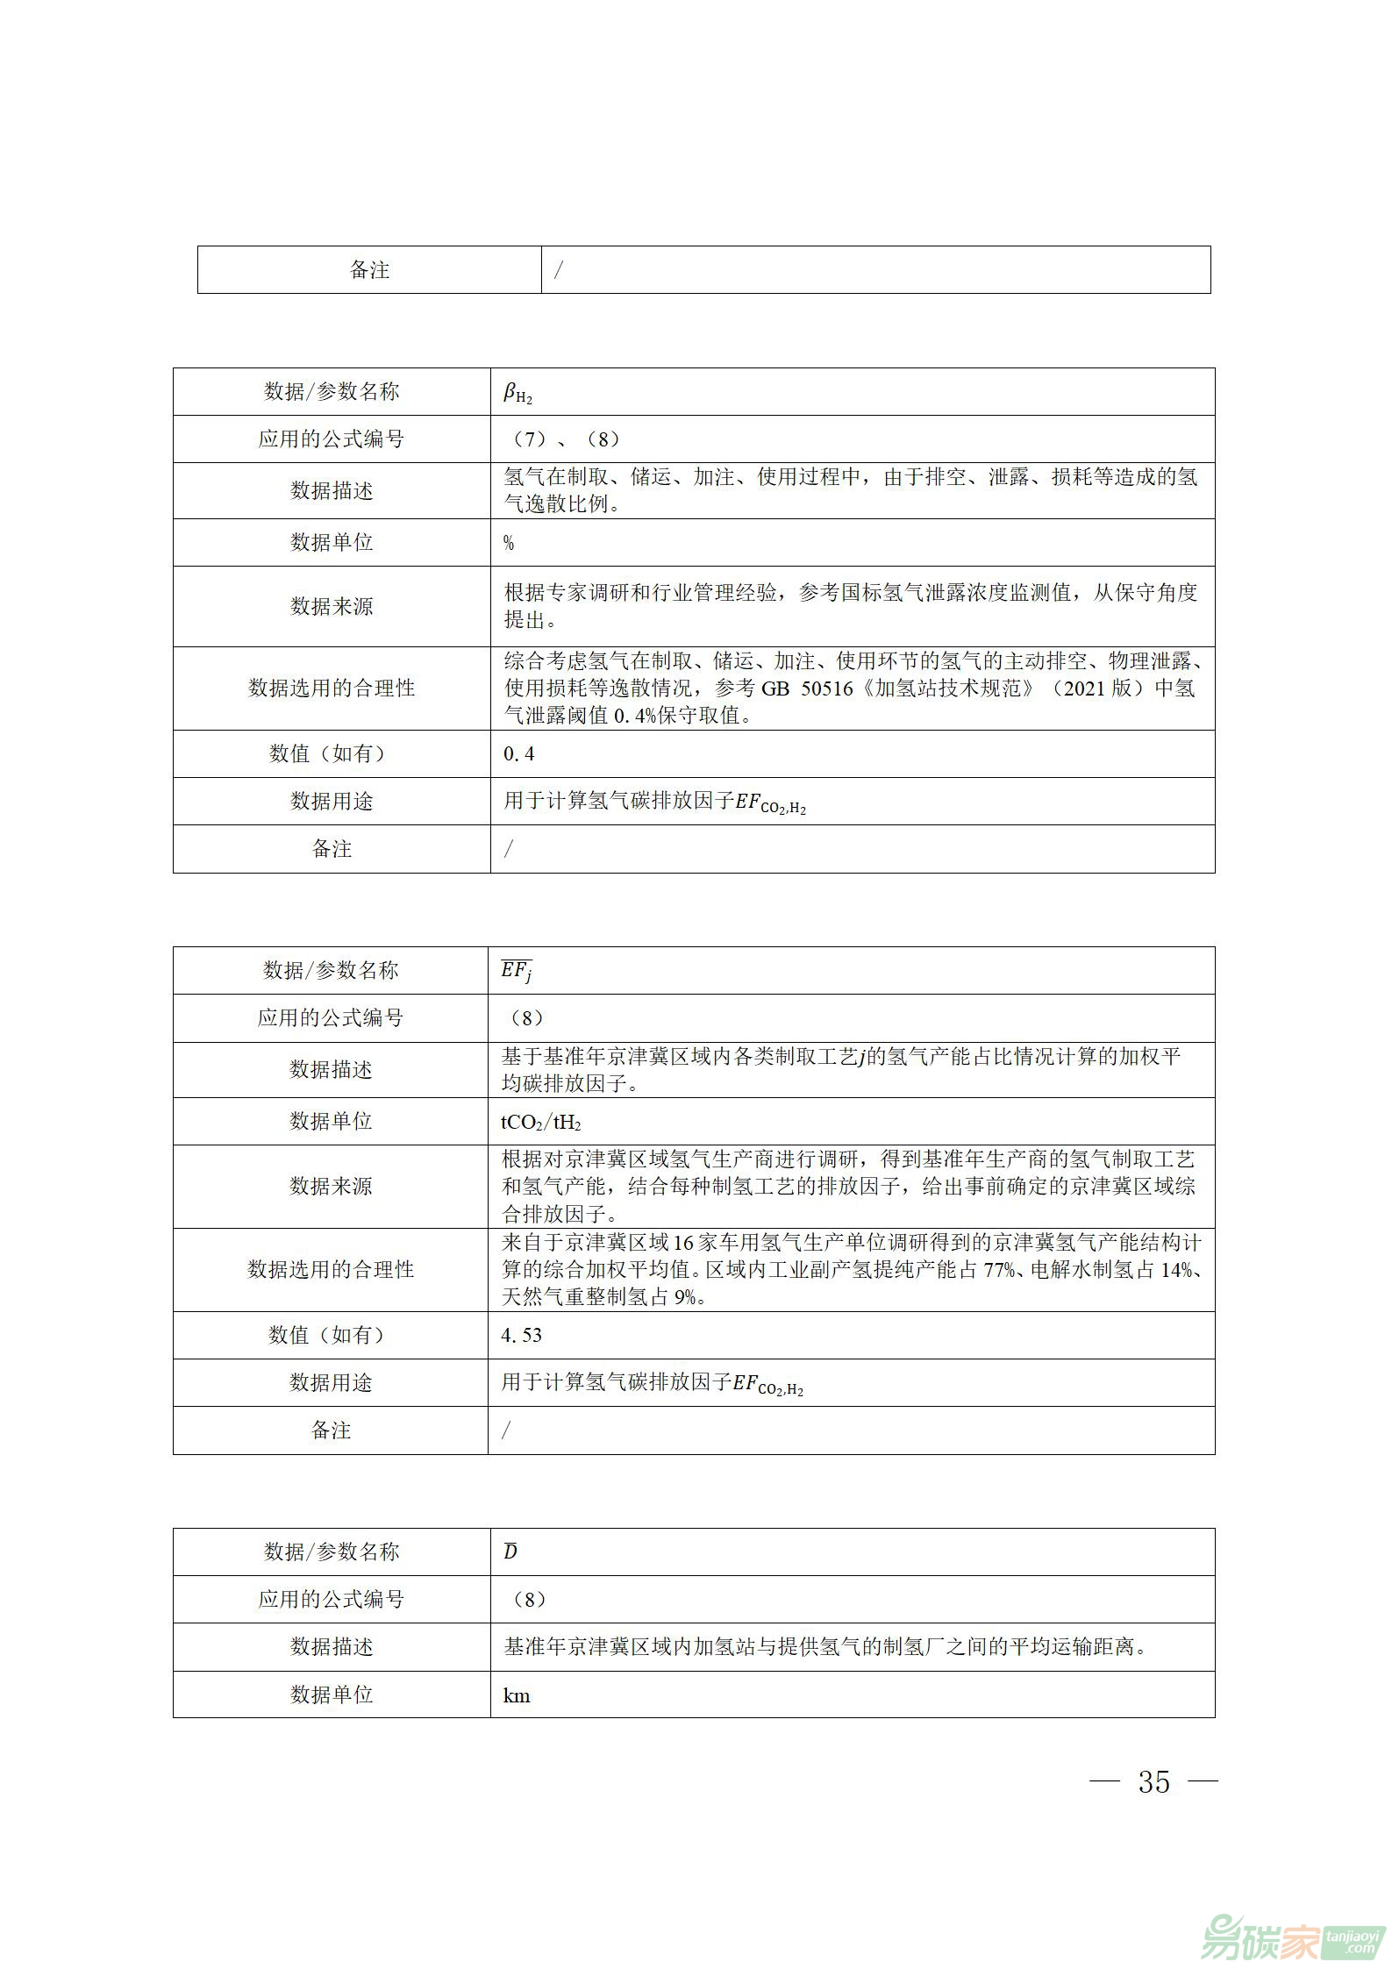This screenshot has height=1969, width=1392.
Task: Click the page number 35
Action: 1153,1782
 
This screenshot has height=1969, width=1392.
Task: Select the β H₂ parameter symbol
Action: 518,394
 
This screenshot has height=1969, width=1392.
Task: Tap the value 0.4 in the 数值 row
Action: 518,754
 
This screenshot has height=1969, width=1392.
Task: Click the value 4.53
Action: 521,1336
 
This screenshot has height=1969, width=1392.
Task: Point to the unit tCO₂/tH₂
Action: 540,1123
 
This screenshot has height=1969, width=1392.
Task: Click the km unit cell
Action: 517,1695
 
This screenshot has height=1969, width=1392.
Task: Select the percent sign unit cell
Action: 509,544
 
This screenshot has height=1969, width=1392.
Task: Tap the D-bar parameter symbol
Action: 510,1552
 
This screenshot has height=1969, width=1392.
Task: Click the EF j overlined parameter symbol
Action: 517,971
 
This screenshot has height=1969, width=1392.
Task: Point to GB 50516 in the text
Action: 807,688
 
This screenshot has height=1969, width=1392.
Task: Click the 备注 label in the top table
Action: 369,270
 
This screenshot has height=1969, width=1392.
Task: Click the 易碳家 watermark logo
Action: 1293,1933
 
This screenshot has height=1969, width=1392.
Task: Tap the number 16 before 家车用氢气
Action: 684,1243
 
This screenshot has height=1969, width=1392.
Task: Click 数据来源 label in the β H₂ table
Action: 332,607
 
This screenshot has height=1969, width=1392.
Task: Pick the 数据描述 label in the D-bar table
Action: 332,1647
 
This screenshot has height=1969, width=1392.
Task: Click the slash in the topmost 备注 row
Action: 558,270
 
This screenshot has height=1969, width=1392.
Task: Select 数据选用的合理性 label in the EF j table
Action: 331,1270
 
